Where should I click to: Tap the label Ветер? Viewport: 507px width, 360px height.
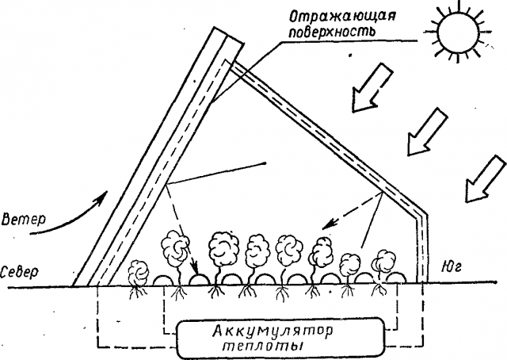(24, 216)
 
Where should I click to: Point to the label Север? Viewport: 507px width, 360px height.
(20, 269)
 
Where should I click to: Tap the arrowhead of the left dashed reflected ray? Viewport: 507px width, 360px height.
(191, 260)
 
